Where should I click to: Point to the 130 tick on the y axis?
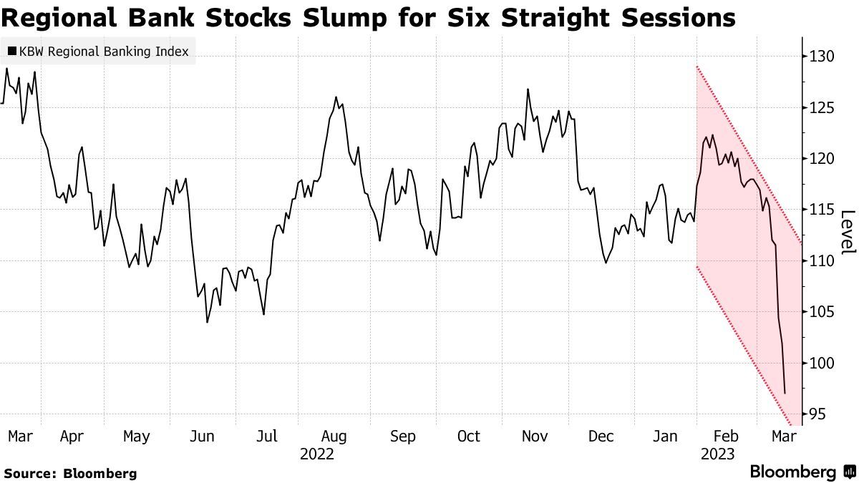click(x=819, y=56)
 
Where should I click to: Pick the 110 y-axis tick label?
click(x=819, y=260)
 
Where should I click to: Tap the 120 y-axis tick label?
click(x=819, y=158)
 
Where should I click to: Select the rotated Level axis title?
click(x=848, y=232)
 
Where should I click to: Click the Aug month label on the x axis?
click(x=334, y=436)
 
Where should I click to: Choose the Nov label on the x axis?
click(x=535, y=436)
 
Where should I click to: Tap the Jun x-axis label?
click(x=203, y=436)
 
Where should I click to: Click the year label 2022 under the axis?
click(x=317, y=454)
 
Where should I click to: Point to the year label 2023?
click(x=718, y=454)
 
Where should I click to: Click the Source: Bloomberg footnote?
click(x=70, y=473)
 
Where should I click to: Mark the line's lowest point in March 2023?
click(x=785, y=394)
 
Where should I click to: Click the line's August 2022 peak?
click(x=336, y=97)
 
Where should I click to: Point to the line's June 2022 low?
click(x=207, y=322)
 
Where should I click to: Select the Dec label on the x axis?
click(x=601, y=436)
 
